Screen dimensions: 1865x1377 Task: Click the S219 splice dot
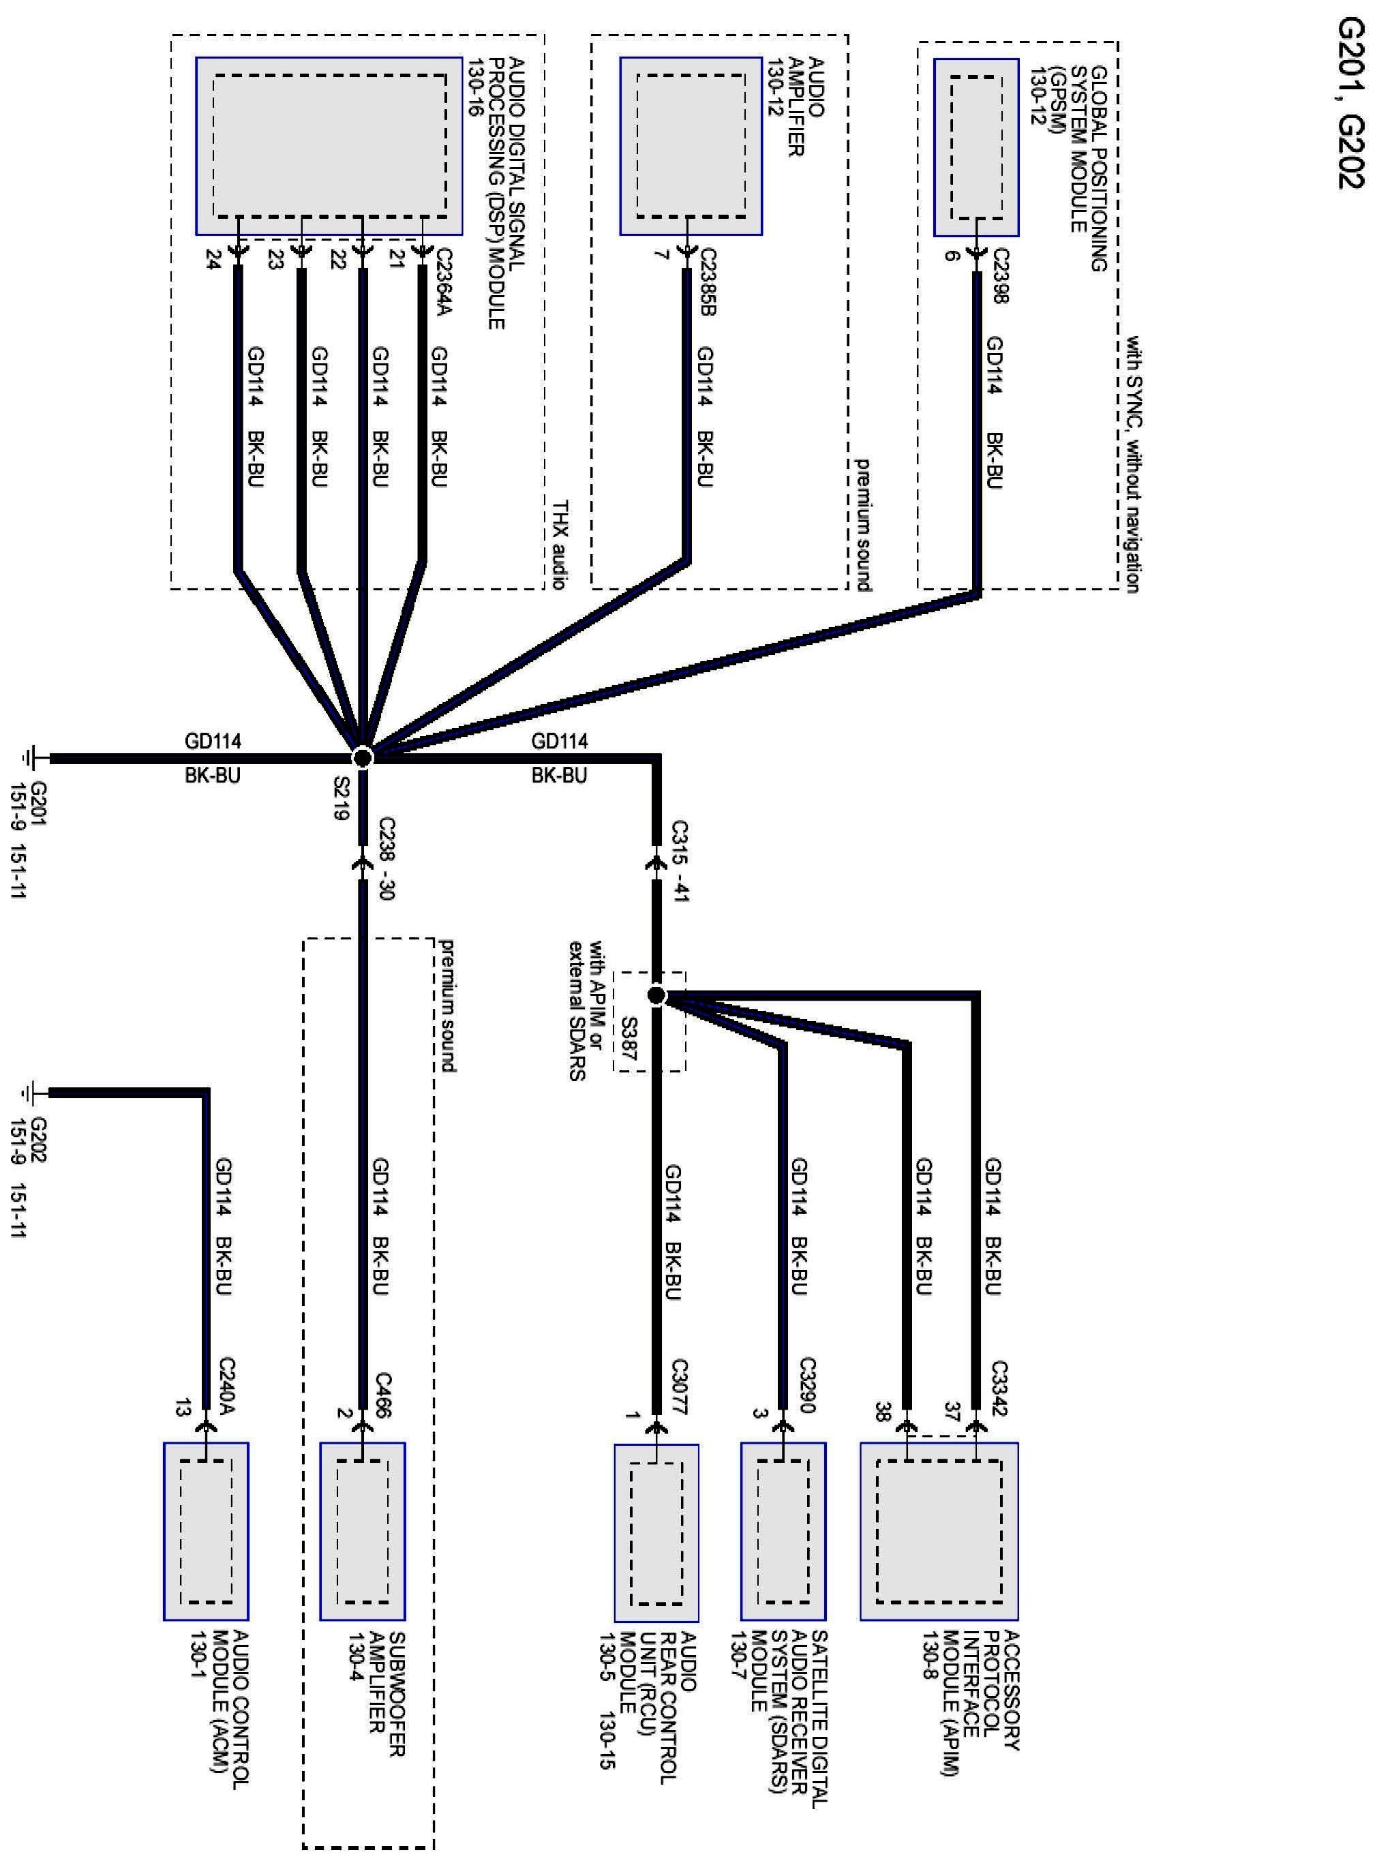tap(362, 757)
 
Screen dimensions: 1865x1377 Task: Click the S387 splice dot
tap(656, 995)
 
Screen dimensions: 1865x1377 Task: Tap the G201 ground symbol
tap(31, 758)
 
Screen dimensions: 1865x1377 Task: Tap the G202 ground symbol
tap(31, 1092)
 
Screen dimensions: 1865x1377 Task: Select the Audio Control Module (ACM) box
tap(206, 1531)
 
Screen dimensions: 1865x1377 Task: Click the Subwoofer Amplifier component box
tap(363, 1531)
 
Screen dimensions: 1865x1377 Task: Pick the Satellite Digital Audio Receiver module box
tap(783, 1531)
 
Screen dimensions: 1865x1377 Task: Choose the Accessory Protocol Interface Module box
tap(939, 1531)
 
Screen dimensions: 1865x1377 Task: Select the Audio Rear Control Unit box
tap(656, 1531)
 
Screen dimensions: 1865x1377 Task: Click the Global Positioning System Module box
tap(975, 147)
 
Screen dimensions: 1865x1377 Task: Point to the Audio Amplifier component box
tap(690, 146)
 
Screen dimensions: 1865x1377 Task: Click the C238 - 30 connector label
tap(386, 858)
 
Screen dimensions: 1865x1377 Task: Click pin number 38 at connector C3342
tap(882, 1412)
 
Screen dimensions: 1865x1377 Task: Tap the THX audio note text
tap(561, 544)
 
